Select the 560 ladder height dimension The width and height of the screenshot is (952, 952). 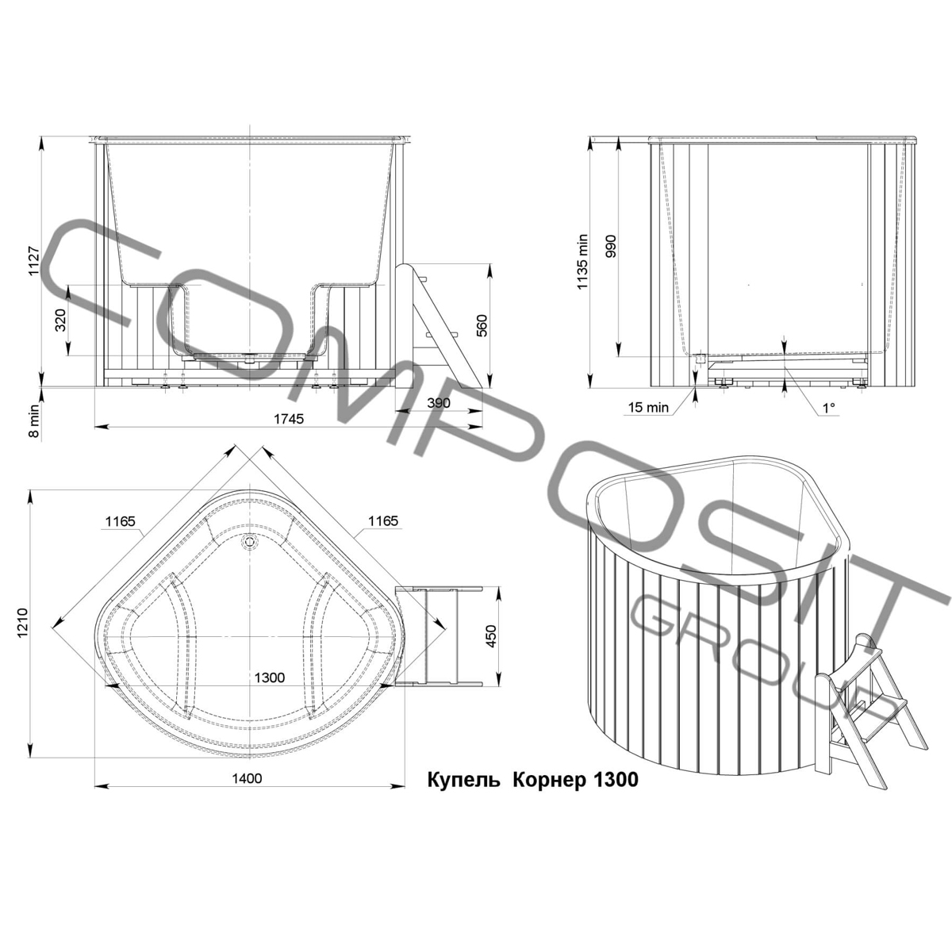pos(482,325)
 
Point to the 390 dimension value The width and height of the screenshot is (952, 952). pos(439,403)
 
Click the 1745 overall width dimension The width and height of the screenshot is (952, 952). pos(289,418)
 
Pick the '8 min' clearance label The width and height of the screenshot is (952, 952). pos(33,420)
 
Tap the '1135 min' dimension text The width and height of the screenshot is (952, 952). pos(583,261)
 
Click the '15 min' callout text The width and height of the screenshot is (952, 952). pos(648,408)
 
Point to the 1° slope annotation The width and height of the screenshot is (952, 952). pos(828,407)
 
